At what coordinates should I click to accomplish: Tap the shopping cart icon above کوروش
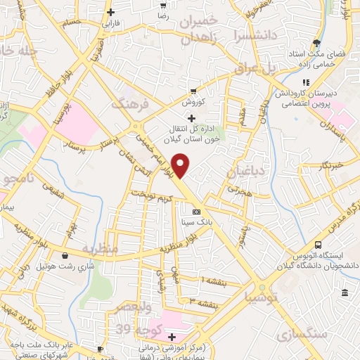pyautogui.click(x=193, y=91)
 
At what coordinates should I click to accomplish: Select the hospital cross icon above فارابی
pyautogui.click(x=111, y=12)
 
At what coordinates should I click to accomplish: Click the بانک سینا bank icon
pyautogui.click(x=196, y=211)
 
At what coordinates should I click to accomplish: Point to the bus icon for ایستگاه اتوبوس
pyautogui.click(x=319, y=245)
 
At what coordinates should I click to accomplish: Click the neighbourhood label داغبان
pyautogui.click(x=244, y=171)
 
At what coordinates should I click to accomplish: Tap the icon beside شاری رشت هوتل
pyautogui.click(x=65, y=256)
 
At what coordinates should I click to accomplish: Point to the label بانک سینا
pyautogui.click(x=197, y=221)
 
